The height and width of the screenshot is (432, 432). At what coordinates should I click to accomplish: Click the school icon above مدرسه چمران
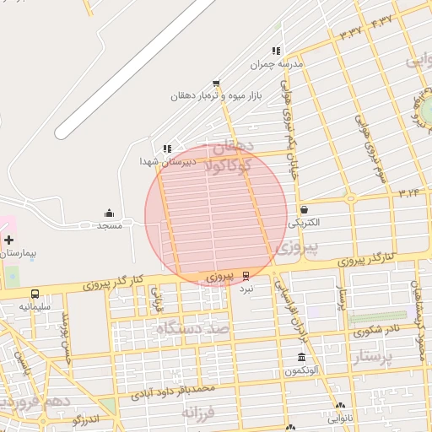click(275, 51)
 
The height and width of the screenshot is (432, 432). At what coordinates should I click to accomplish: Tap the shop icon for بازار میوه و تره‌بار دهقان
click(216, 84)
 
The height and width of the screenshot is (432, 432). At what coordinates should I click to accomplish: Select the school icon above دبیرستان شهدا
click(167, 148)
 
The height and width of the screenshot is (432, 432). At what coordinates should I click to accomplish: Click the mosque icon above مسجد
click(110, 213)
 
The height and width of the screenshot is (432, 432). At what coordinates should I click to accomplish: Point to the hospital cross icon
click(8, 240)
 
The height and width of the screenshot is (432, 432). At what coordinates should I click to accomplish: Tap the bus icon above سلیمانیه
click(35, 294)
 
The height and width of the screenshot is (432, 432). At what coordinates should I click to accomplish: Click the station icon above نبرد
click(246, 275)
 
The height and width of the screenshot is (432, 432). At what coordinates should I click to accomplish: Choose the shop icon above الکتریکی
click(304, 210)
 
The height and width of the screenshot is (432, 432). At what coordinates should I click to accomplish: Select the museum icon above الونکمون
click(301, 358)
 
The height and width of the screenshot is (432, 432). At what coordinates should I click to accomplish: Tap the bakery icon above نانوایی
click(340, 406)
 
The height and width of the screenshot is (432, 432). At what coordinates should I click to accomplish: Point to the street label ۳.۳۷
click(349, 32)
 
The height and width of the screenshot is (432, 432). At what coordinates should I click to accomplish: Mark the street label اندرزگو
click(87, 418)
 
